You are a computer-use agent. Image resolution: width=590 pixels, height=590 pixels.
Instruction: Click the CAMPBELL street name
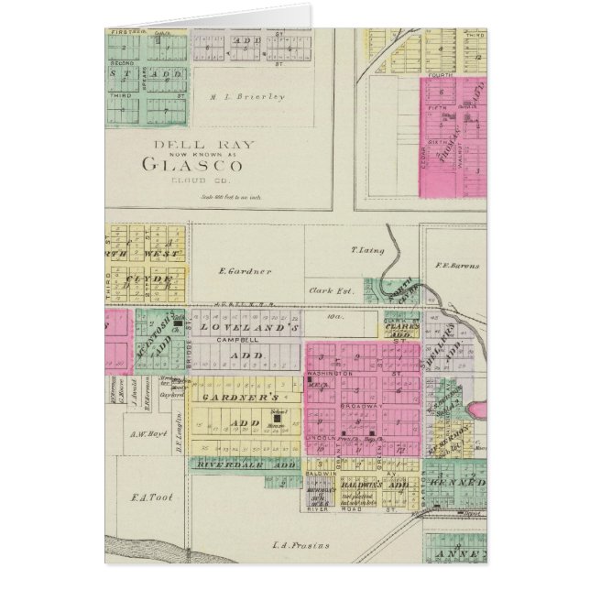[x=233, y=339]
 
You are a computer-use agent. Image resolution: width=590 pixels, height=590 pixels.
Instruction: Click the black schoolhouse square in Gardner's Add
[x=277, y=422]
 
